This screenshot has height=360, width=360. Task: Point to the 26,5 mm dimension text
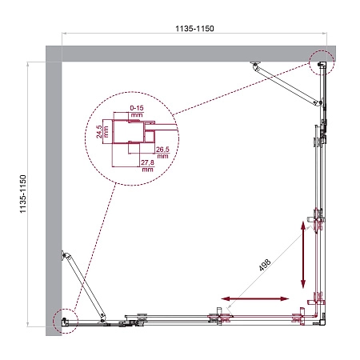(163, 151)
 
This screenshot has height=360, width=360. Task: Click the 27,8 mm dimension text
(146, 166)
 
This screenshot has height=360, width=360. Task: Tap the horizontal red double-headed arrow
(257, 299)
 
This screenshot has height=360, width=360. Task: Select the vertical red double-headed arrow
(303, 255)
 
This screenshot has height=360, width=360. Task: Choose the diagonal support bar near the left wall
(82, 285)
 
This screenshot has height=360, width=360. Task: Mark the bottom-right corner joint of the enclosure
(318, 320)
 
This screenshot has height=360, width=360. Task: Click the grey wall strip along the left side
(54, 192)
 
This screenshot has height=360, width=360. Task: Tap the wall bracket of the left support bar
(64, 255)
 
